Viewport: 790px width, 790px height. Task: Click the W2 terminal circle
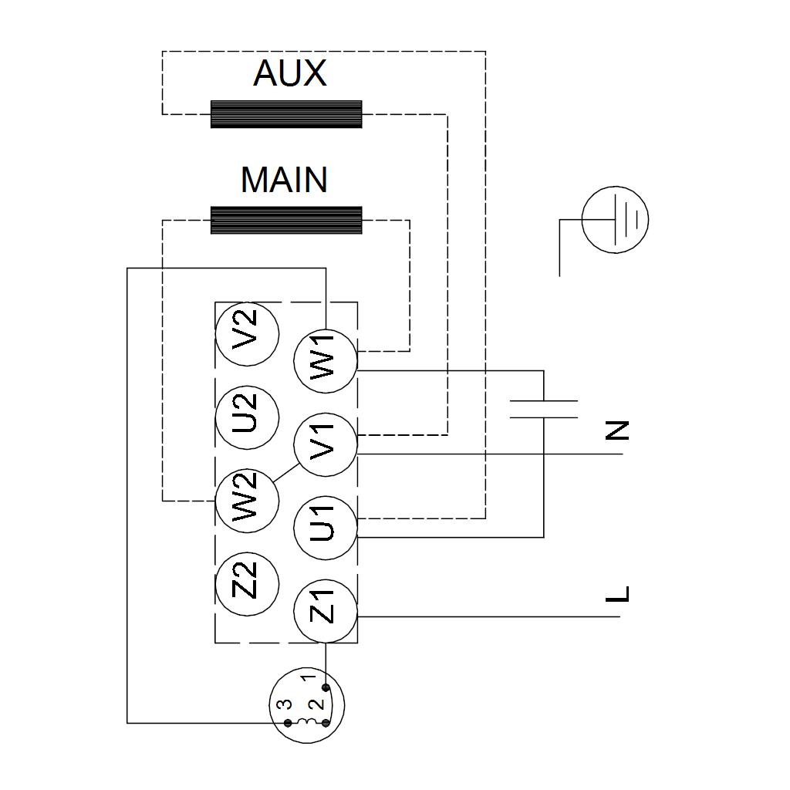coord(247,500)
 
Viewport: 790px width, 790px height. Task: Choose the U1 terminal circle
coord(326,528)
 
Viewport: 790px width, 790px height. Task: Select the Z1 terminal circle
coord(326,611)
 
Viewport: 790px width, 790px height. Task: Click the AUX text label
coord(289,74)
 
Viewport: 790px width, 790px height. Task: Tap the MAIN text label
coord(285,180)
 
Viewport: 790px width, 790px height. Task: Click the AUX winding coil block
coord(286,114)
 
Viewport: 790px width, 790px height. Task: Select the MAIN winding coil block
coord(286,221)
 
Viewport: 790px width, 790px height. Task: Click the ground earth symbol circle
coord(615,220)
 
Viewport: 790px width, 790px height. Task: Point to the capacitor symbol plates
coord(544,409)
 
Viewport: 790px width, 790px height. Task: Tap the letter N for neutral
coord(617,430)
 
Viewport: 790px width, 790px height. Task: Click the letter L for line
coord(617,595)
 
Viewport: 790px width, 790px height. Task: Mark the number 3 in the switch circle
coord(284,704)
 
